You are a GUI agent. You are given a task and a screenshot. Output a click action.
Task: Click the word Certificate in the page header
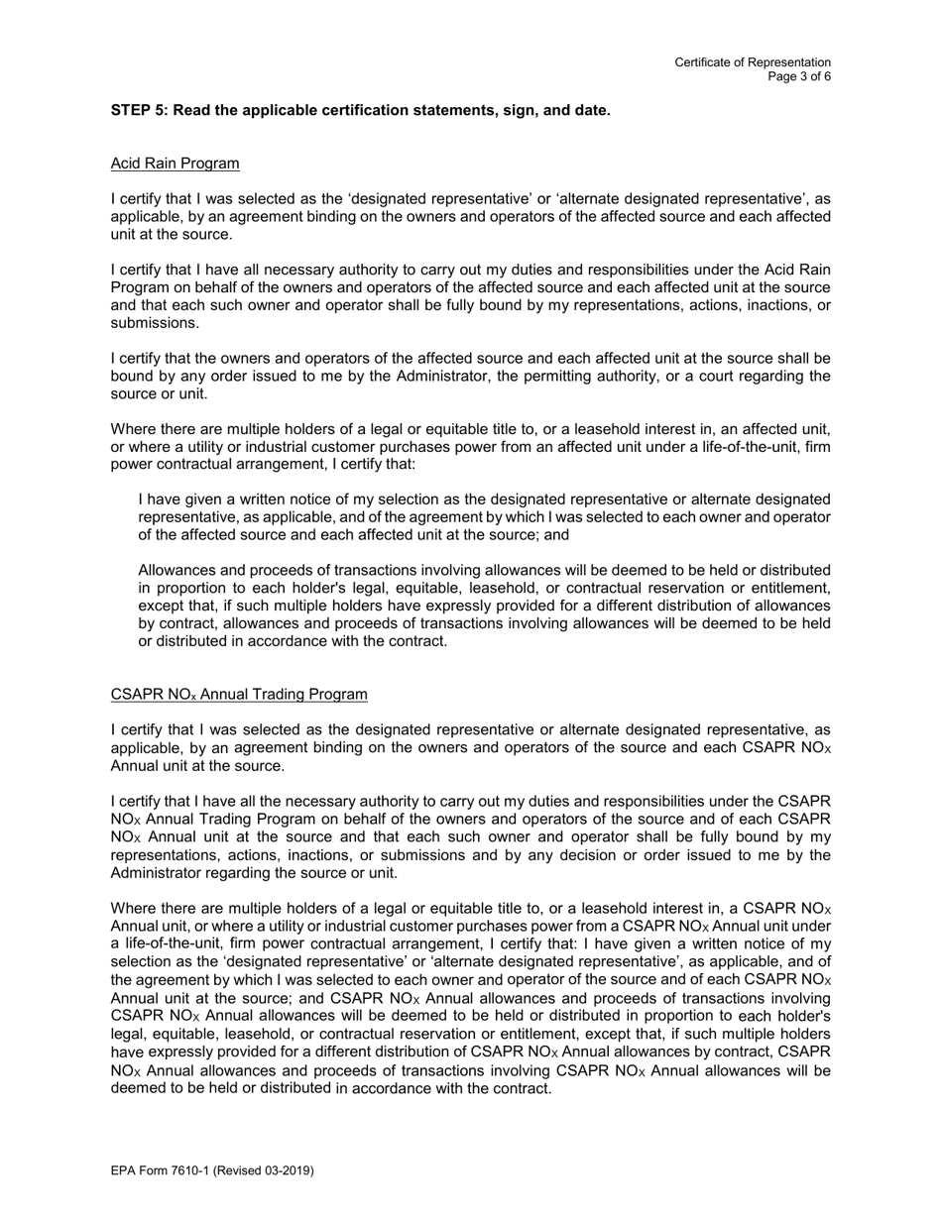point(703,62)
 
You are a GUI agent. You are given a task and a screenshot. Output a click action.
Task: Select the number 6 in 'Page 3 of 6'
point(827,76)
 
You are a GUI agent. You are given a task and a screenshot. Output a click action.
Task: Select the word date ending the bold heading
point(592,110)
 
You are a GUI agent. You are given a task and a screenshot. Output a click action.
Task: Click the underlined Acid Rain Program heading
point(175,163)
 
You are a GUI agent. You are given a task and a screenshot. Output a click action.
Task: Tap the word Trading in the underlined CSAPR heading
point(261,694)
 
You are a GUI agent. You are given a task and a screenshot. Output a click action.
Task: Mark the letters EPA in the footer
point(124,1170)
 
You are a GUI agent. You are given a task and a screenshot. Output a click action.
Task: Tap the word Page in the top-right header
point(782,76)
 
